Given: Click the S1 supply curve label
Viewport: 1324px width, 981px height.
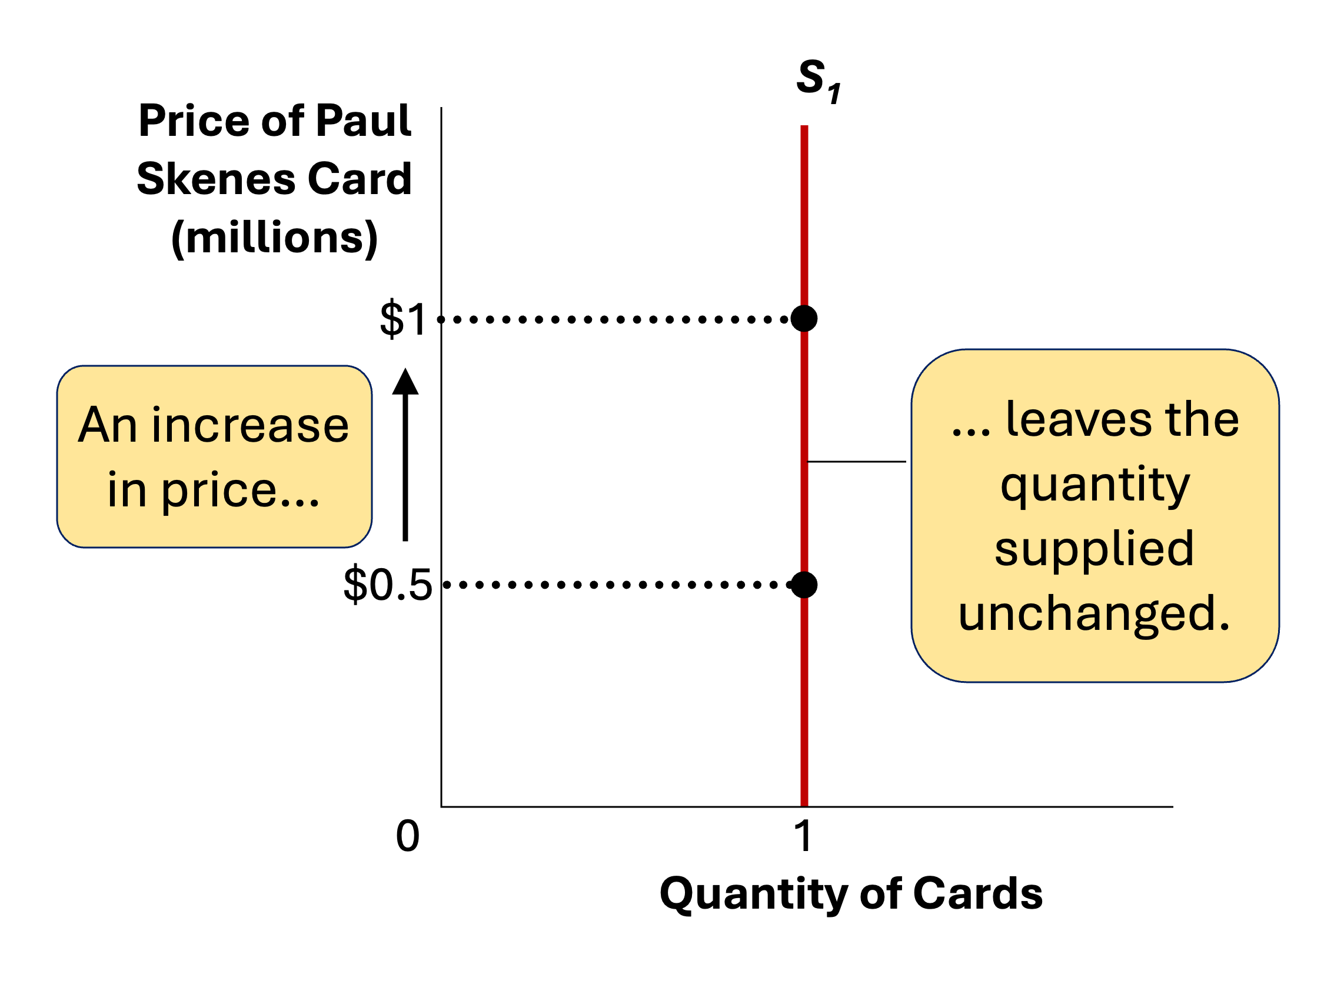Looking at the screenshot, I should [817, 80].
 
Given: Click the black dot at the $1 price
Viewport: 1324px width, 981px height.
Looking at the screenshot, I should [804, 319].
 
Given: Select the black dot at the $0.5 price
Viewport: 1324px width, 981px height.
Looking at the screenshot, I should [804, 585].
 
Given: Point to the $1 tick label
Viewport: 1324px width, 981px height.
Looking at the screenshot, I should [403, 319].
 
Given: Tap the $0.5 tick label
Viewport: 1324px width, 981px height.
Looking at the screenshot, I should [387, 585].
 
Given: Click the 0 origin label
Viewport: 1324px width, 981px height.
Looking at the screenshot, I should [407, 837].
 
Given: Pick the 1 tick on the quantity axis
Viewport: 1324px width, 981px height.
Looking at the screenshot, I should [803, 837].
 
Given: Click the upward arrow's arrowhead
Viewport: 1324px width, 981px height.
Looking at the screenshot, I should [405, 381].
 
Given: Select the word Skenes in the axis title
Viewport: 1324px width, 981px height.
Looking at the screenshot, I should [217, 179].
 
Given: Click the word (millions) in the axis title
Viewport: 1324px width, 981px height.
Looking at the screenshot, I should [274, 238].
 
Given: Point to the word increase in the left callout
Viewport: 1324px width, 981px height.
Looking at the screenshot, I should [250, 425].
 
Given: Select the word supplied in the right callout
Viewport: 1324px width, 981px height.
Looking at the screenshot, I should [1094, 548].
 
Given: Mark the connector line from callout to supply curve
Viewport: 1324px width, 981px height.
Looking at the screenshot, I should [857, 462].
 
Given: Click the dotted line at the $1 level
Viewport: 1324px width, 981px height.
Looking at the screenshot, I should [618, 319].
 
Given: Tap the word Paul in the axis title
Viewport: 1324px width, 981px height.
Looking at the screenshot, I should [364, 121].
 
